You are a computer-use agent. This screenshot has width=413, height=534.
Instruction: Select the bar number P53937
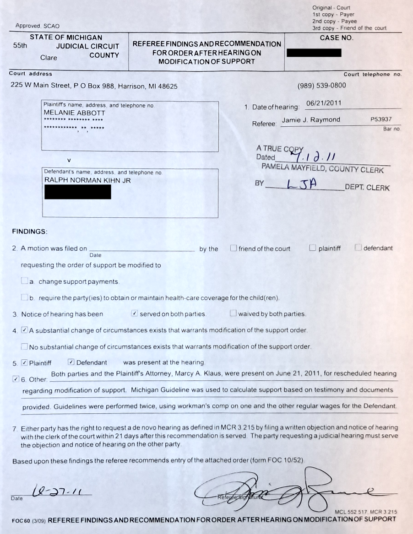click(x=381, y=120)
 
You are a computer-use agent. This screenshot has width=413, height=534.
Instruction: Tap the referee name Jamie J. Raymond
click(x=311, y=120)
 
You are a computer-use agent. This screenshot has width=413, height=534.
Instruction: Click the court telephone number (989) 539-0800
click(x=322, y=86)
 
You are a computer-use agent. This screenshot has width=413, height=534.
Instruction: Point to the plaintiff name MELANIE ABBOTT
click(x=75, y=113)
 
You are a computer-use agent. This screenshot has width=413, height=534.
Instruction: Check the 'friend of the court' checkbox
click(x=234, y=248)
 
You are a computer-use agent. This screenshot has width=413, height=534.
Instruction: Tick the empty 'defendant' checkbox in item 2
click(x=358, y=248)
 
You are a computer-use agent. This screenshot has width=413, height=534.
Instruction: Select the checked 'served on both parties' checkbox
click(x=135, y=313)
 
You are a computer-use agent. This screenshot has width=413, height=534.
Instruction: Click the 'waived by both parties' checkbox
click(x=234, y=313)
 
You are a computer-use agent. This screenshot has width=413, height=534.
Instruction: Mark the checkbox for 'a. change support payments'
click(x=25, y=281)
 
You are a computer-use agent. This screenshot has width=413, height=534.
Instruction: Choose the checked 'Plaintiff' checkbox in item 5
click(x=24, y=362)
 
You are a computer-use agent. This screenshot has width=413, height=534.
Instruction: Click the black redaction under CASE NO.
click(x=314, y=53)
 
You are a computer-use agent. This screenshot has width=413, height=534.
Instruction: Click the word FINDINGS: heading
click(x=30, y=232)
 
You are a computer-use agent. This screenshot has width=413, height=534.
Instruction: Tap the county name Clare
click(x=49, y=58)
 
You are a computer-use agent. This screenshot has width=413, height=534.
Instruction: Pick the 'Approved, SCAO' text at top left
click(x=38, y=26)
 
